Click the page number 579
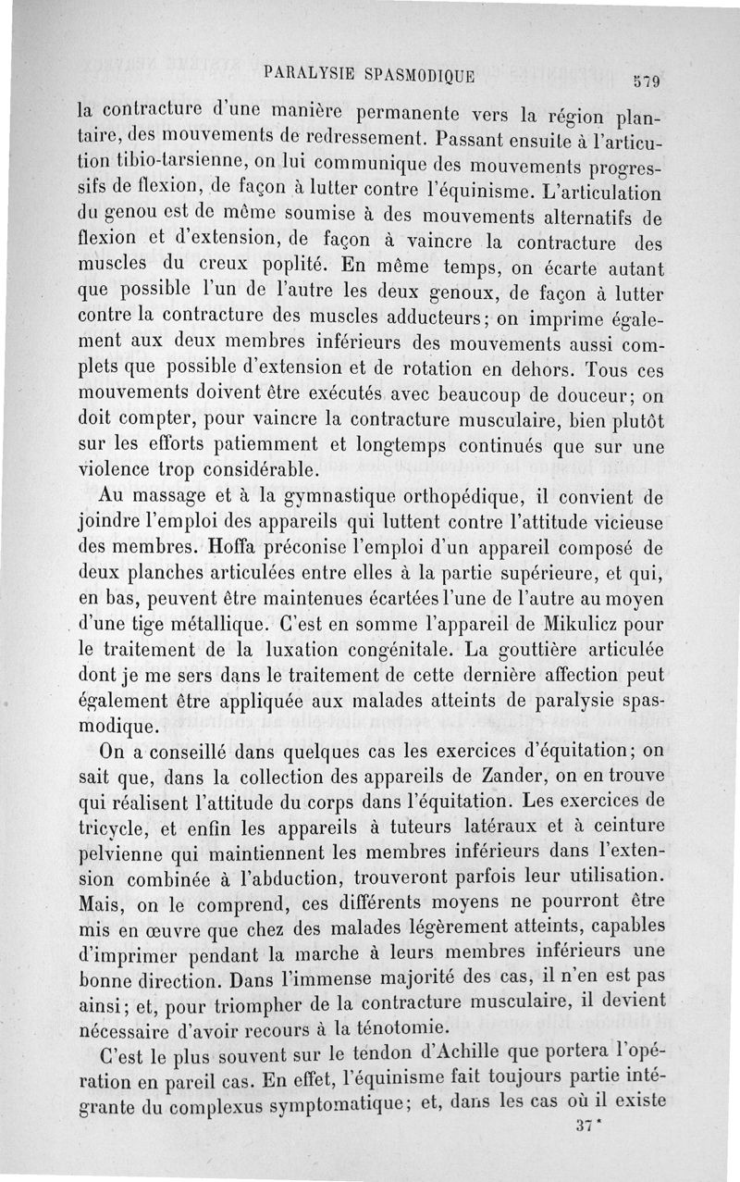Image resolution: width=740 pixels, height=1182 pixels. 646,81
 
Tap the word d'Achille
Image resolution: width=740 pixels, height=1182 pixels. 512,1051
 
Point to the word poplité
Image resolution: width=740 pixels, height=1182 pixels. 292,265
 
